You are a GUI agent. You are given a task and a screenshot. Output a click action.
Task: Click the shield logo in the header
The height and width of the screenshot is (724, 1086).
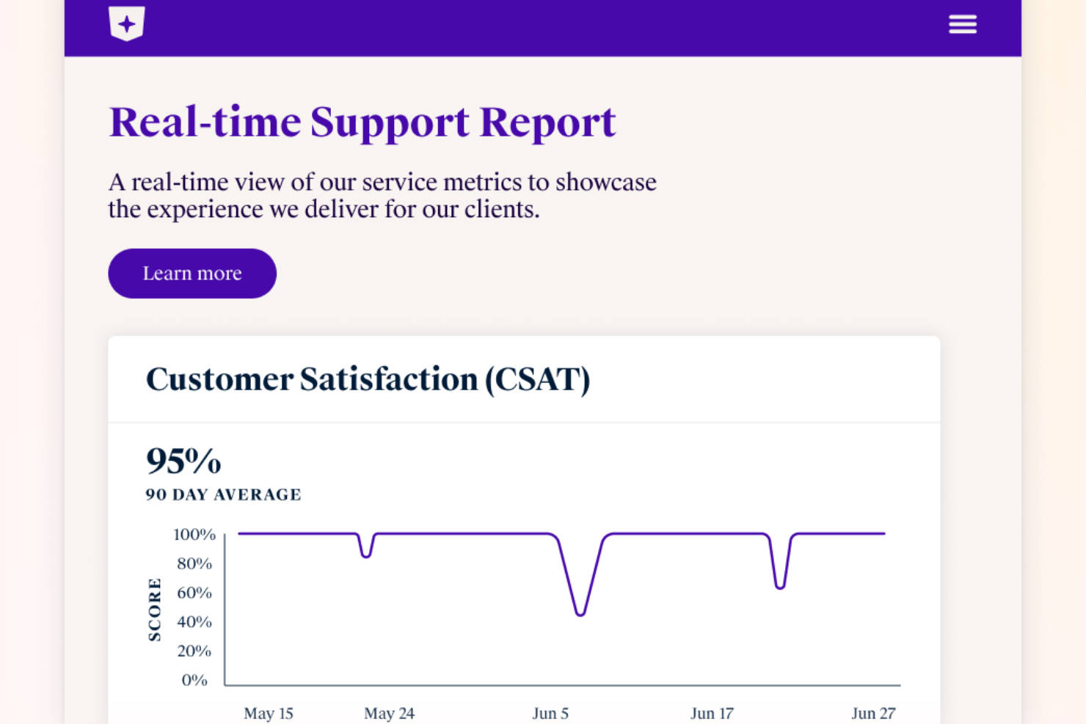(126, 23)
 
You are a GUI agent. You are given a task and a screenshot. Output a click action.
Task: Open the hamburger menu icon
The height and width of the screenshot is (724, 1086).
(962, 24)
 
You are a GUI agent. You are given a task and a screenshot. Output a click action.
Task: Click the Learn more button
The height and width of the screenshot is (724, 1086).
(192, 274)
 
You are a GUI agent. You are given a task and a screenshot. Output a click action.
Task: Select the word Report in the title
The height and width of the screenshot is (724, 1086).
(547, 122)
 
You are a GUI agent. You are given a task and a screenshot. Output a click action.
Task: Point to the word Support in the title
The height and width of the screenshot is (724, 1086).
(389, 122)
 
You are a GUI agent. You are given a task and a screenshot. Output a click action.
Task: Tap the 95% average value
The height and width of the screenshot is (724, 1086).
(183, 461)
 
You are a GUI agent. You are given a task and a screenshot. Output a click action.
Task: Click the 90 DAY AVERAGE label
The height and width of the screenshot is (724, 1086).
(223, 495)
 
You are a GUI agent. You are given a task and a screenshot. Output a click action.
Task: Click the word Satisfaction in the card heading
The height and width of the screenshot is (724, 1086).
(388, 379)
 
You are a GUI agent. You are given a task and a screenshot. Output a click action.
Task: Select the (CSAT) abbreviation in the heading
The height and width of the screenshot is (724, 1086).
(537, 379)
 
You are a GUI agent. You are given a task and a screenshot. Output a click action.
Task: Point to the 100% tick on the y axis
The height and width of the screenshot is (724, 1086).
(194, 535)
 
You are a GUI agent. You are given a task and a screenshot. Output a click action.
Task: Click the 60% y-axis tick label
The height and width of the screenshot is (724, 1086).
(194, 593)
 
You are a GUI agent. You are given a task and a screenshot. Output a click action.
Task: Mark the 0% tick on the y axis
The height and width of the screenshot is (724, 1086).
(194, 680)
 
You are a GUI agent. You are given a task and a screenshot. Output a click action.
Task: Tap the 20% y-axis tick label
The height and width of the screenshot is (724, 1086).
(194, 651)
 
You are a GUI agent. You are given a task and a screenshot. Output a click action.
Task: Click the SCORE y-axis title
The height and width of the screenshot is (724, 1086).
(154, 610)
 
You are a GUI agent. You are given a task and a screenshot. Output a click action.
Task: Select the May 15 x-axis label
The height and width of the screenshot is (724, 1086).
(268, 713)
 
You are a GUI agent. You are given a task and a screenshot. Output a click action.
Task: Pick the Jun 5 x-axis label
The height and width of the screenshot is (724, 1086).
(550, 713)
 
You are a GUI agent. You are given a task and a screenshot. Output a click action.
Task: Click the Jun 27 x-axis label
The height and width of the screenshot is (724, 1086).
(873, 713)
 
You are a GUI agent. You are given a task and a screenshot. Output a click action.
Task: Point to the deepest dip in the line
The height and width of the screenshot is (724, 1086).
(580, 614)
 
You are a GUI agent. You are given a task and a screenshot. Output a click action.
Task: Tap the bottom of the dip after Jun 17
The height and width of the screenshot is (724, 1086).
(780, 587)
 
